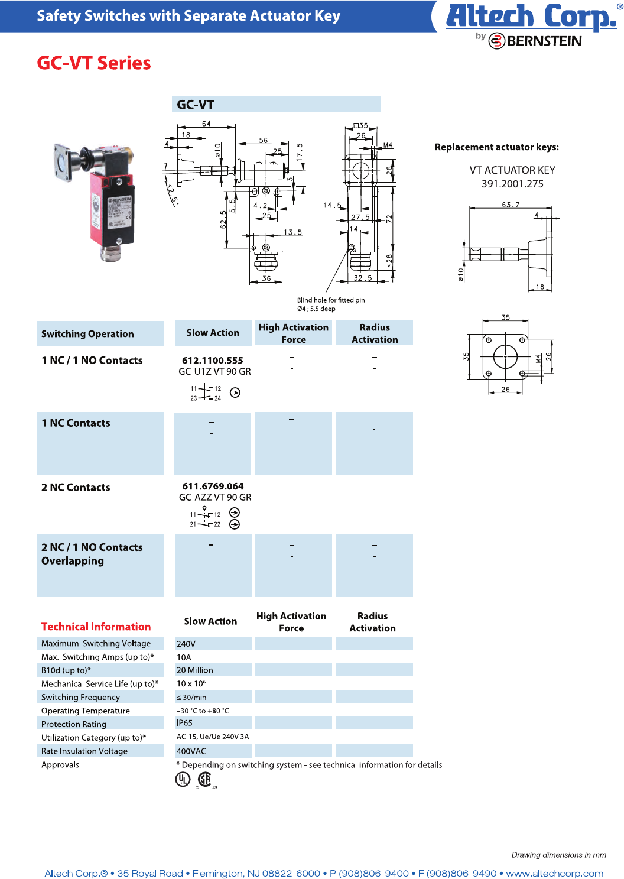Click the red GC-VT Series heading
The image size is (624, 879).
[93, 63]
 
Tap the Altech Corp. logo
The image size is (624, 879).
[531, 17]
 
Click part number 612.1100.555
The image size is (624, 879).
[212, 360]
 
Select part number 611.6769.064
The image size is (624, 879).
[213, 486]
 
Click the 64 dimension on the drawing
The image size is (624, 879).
[206, 124]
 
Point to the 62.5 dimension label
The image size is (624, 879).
[223, 219]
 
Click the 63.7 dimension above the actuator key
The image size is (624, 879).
[511, 205]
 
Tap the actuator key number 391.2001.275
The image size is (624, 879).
[512, 184]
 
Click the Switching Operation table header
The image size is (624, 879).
[87, 334]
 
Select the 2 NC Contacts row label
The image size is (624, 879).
[76, 487]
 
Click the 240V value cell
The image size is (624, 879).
[186, 644]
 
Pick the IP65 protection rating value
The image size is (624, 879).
[184, 723]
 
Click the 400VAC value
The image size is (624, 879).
[191, 751]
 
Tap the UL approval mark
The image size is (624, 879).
[183, 780]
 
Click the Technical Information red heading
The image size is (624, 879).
[96, 627]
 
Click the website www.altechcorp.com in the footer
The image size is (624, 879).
[554, 873]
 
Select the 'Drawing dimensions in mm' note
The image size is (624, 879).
[558, 855]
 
